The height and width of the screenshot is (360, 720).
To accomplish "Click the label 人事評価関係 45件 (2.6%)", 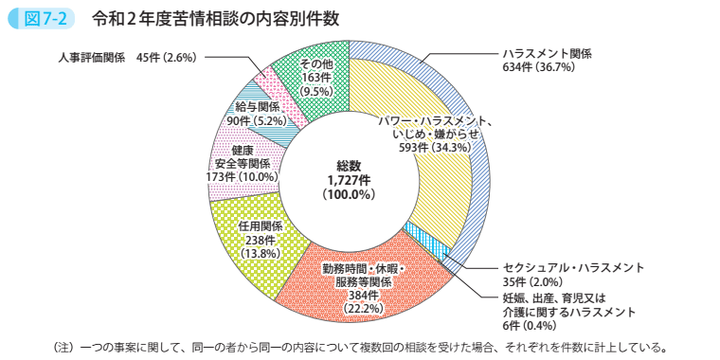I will click(125, 57).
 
